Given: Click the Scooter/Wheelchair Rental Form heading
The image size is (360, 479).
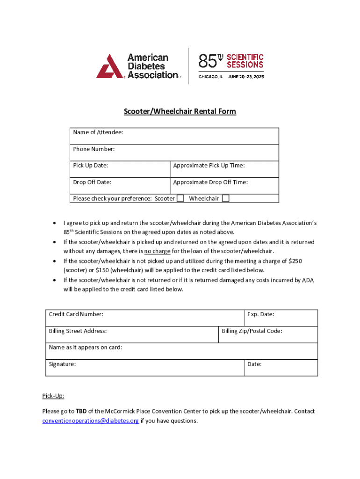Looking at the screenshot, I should click(180, 111).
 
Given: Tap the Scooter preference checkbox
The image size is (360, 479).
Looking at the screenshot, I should click(180, 198).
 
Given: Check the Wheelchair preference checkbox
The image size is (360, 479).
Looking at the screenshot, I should click(225, 198).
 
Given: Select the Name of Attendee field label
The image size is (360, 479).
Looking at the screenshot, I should click(98, 132).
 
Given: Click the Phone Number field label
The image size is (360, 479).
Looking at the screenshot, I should click(94, 149).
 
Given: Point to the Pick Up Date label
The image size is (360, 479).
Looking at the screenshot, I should click(91, 166).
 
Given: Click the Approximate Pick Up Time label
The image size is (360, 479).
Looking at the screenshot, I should click(209, 166).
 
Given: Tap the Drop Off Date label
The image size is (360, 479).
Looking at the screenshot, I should click(92, 182).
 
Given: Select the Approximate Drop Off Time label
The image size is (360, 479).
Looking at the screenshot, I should click(210, 182).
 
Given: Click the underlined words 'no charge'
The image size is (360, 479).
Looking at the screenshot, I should click(157, 251).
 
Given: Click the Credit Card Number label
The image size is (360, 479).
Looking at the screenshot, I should click(76, 314).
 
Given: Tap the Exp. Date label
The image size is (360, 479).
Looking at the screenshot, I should click(260, 314).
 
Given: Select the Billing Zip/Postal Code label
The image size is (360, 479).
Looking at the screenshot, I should click(252, 331).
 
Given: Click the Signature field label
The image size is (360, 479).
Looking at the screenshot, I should click(62, 364).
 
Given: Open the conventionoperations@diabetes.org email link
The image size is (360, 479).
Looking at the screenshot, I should click(90, 421).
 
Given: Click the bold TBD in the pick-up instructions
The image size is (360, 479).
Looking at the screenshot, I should click(81, 412).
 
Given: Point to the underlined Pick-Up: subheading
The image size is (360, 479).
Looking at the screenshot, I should click(53, 396).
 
